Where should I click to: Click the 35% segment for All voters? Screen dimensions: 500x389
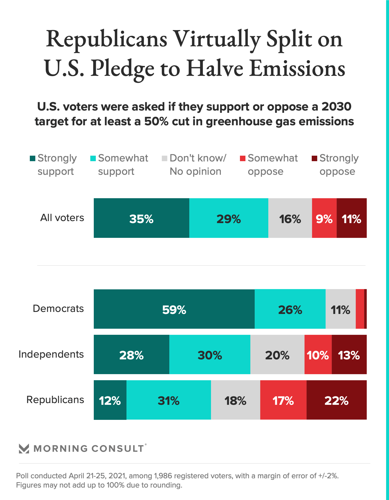(x=141, y=218)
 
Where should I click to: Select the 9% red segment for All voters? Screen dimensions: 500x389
(x=324, y=218)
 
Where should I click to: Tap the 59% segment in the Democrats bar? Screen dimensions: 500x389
(x=174, y=309)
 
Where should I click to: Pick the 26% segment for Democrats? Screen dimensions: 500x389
(x=290, y=309)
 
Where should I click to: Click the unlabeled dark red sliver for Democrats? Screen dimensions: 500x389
(x=366, y=309)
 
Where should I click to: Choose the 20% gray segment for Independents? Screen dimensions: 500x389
(x=277, y=354)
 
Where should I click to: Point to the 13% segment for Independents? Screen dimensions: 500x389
(x=349, y=354)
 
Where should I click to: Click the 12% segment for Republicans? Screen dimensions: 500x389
(x=110, y=400)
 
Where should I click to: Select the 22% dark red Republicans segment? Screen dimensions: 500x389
(x=336, y=400)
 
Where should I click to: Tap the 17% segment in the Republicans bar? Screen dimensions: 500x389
(x=283, y=400)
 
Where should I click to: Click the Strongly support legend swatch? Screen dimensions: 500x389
(x=32, y=158)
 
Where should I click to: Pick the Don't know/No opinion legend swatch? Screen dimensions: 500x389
(x=164, y=158)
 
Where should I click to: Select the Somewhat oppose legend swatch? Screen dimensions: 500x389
(x=243, y=158)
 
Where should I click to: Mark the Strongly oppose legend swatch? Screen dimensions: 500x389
(x=314, y=158)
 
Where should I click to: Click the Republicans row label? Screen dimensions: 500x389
(x=55, y=400)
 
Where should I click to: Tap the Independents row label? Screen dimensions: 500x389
(x=51, y=354)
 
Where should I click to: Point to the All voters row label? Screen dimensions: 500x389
(x=62, y=218)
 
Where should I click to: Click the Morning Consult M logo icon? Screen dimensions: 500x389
(x=24, y=448)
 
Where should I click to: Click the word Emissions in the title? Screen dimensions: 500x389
(x=297, y=68)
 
